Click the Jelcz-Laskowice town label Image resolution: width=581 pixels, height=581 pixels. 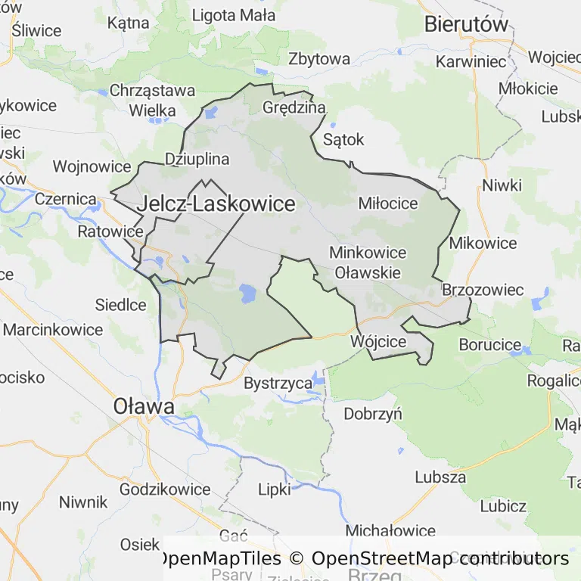[216, 204]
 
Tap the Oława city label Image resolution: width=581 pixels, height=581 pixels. [144, 406]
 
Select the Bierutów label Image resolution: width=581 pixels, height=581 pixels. [466, 23]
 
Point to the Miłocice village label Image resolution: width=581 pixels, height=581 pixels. [388, 204]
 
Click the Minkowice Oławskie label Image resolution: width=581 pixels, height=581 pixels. [368, 263]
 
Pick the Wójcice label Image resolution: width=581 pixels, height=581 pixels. [379, 341]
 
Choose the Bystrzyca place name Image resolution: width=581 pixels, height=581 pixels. [278, 384]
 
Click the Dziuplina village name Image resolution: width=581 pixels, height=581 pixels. [197, 159]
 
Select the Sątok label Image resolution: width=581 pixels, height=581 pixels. [343, 139]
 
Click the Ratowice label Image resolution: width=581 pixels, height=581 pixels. [110, 231]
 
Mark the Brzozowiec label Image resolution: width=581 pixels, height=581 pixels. [483, 290]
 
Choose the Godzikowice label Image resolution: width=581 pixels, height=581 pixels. [165, 489]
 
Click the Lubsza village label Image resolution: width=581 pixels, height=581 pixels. [440, 477]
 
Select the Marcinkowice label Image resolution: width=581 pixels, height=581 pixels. [53, 330]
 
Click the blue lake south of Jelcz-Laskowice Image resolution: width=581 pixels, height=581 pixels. [247, 294]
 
